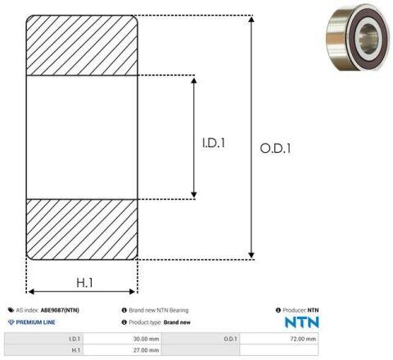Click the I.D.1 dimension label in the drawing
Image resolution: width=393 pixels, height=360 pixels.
coord(214,143)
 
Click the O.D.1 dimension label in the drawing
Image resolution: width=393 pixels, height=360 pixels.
coord(275,148)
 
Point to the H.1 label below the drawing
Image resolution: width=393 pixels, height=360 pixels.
coord(84,282)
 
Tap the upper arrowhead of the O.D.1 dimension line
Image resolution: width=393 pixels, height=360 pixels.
coord(251,19)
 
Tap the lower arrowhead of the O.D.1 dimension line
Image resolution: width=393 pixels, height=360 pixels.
coord(251,255)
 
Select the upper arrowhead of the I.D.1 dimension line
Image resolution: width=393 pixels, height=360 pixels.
coord(194,80)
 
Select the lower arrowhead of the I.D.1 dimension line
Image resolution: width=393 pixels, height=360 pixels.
coord(194,195)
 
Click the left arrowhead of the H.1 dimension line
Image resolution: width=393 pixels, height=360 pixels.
coord(31,292)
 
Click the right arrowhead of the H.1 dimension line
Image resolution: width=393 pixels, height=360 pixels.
coord(132,292)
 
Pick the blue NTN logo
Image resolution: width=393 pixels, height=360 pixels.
coord(302,322)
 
